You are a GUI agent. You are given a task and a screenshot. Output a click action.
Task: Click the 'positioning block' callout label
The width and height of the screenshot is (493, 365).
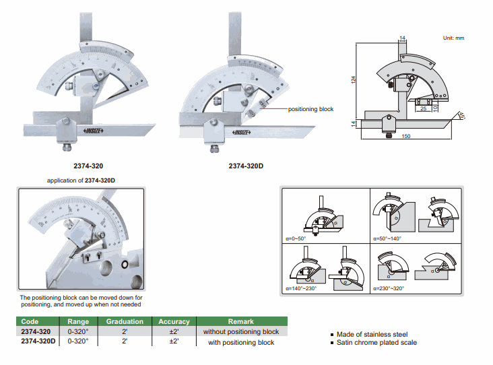[310, 109]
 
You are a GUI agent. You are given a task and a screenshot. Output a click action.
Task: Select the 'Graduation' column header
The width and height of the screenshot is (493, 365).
[125, 322]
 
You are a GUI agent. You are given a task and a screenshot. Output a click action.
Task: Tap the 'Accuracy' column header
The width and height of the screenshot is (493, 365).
[174, 322]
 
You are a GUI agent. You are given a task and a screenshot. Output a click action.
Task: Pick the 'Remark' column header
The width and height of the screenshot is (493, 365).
[240, 322]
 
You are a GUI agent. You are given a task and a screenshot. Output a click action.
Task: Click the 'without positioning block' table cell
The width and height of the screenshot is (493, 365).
[240, 332]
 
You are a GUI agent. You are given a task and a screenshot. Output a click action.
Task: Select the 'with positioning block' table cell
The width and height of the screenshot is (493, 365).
[240, 342]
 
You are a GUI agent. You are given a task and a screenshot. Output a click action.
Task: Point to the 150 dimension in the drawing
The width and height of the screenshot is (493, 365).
[406, 137]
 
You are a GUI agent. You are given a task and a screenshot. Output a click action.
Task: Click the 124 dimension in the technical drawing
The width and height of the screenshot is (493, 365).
[354, 80]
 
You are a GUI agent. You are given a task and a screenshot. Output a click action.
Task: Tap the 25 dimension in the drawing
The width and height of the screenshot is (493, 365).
[422, 107]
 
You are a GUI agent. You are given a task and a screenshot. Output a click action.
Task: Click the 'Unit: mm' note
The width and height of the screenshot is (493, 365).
[453, 38]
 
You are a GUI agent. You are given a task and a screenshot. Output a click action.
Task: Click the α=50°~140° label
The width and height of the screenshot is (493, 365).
[389, 239]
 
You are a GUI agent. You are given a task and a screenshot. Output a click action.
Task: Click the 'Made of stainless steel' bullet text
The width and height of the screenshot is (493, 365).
[371, 335]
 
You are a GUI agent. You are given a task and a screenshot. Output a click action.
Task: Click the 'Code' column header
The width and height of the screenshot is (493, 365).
[30, 322]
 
